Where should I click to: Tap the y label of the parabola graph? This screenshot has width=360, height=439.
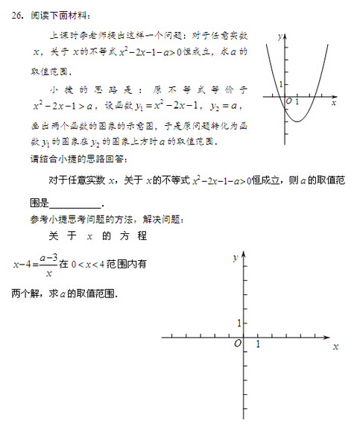coord(277,35)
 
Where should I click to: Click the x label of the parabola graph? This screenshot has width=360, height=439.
coord(333,101)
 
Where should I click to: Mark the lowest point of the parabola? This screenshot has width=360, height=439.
coord(297,121)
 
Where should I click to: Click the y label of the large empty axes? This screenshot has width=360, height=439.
coord(235,256)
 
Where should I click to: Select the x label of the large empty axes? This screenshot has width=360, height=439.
coord(335,347)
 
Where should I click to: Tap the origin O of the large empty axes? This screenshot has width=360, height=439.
coord(237,343)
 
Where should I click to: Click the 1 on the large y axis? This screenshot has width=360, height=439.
coord(239,323)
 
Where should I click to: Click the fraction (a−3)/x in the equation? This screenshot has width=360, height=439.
coord(48,264)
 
